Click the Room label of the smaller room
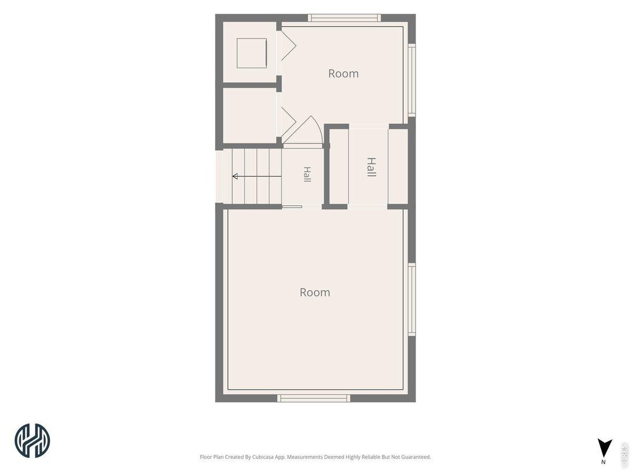[343, 74]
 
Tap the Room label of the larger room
[315, 292]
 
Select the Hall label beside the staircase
[307, 174]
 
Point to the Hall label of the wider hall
[371, 167]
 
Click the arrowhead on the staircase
[235, 176]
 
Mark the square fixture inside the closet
[252, 53]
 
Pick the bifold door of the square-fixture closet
[288, 45]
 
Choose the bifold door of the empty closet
[288, 122]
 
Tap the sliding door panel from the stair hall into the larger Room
[292, 206]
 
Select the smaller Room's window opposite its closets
[412, 80]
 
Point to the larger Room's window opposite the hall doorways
[314, 398]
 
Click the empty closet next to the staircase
[249, 115]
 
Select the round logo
[32, 440]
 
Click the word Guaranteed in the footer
[415, 457]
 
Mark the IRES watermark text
[624, 455]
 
